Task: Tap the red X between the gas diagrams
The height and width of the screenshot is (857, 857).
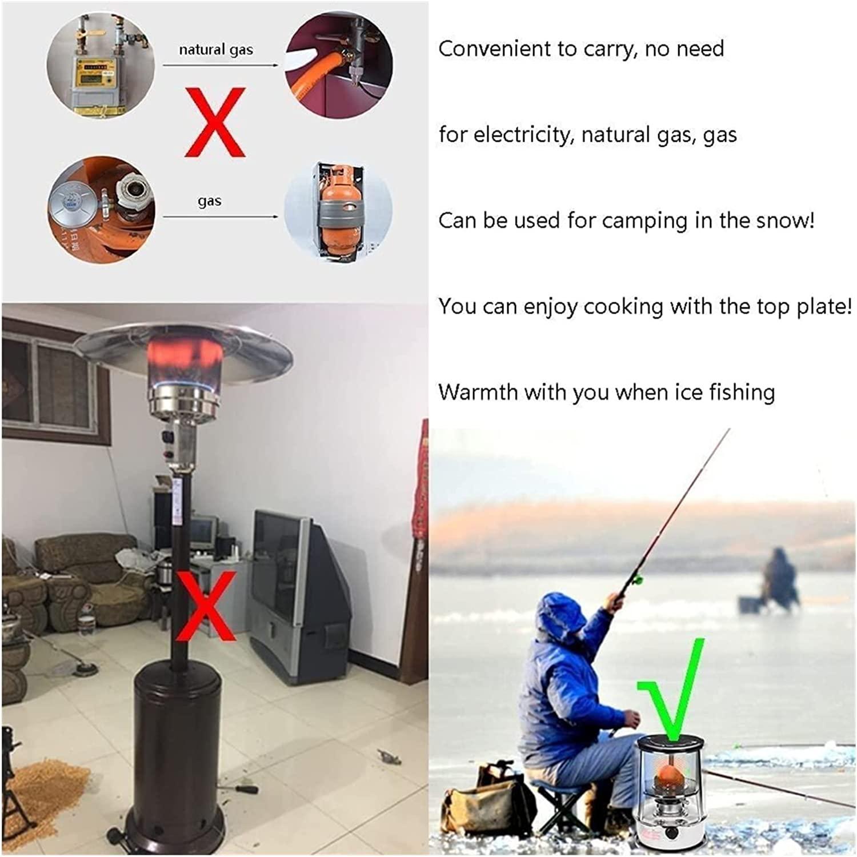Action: click(x=215, y=122)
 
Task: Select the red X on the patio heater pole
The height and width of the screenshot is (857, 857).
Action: click(x=206, y=606)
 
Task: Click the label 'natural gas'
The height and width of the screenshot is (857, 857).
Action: click(x=216, y=50)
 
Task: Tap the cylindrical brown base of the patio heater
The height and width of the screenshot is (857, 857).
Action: click(x=174, y=754)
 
